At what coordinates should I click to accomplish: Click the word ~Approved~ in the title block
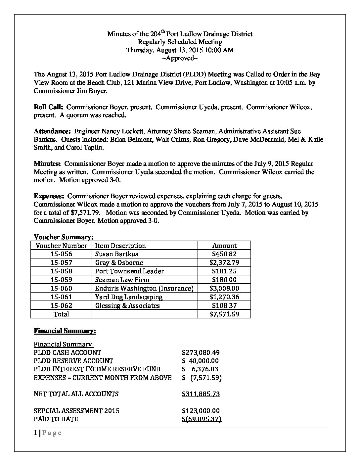[180, 58]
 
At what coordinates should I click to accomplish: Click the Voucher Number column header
[61, 246]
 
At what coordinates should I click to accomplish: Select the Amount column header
[224, 246]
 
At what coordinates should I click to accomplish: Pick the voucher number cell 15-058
[61, 271]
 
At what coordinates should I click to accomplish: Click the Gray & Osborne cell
[119, 262]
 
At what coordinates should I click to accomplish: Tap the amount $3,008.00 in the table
[224, 288]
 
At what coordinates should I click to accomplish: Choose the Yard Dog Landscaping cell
[129, 297]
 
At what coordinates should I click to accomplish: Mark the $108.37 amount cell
[224, 305]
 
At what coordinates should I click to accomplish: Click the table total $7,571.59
[224, 314]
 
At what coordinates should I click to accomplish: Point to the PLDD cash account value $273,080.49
[201, 352]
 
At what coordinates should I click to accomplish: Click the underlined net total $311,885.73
[201, 394]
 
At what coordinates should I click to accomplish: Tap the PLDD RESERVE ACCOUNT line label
[73, 361]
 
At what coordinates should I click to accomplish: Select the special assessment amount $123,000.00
[201, 411]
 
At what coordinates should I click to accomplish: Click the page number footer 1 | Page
[48, 433]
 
